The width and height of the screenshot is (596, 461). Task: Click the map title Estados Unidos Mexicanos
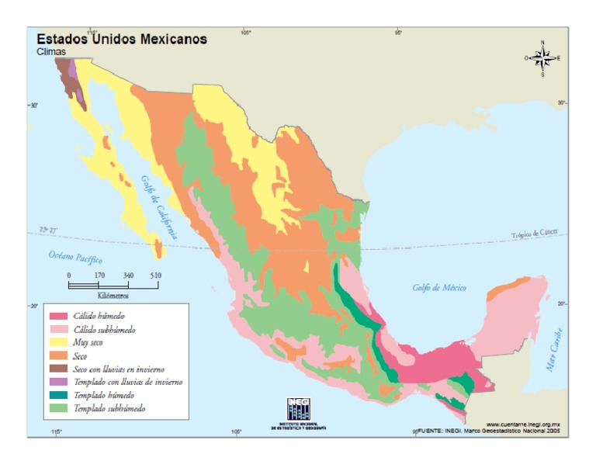tap(122, 39)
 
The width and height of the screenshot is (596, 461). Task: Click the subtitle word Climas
tap(51, 52)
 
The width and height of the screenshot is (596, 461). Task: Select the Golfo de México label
tap(439, 288)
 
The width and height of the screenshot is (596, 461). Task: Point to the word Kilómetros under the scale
tap(113, 296)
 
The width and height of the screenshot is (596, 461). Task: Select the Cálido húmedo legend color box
tap(58, 316)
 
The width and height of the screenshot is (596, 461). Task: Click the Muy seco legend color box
tap(58, 342)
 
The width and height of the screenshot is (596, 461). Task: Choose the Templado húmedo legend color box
tap(58, 394)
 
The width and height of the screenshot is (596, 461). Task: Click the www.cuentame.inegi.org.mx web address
tap(523, 424)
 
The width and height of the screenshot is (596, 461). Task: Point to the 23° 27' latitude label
tap(48, 230)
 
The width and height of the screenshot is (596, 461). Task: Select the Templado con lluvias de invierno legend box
tap(58, 381)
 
